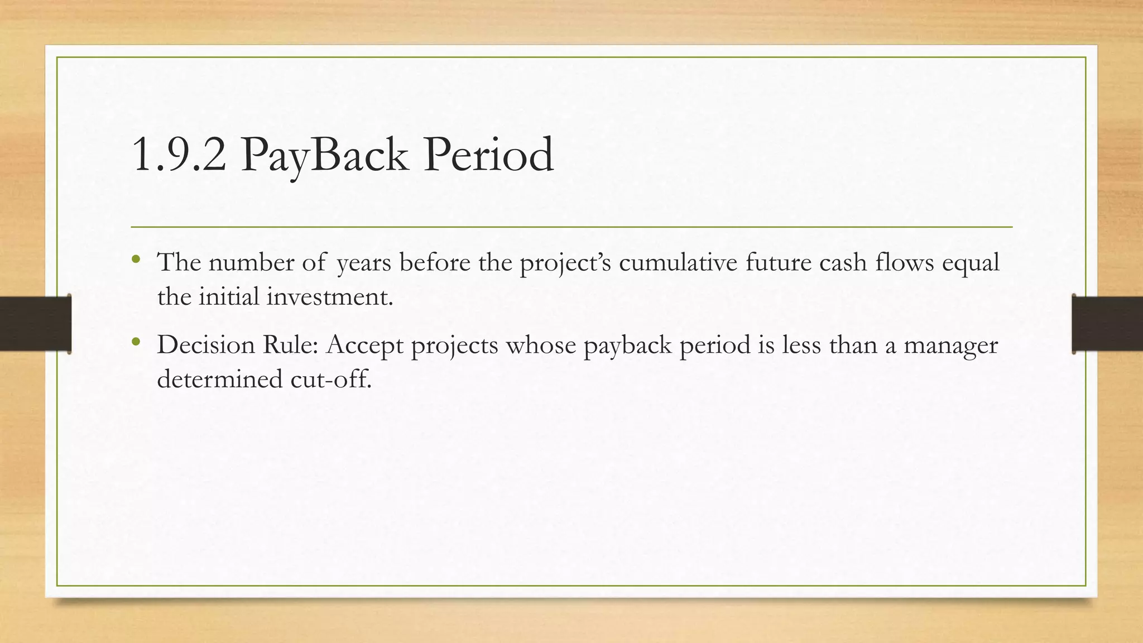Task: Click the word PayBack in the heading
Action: [324, 155]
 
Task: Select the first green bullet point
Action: [136, 259]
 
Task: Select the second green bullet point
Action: [136, 341]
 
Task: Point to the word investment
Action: [329, 296]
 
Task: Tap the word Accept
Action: [364, 345]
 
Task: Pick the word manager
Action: [950, 345]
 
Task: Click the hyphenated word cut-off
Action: [330, 380]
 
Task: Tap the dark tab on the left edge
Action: [35, 323]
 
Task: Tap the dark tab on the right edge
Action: [1107, 323]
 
